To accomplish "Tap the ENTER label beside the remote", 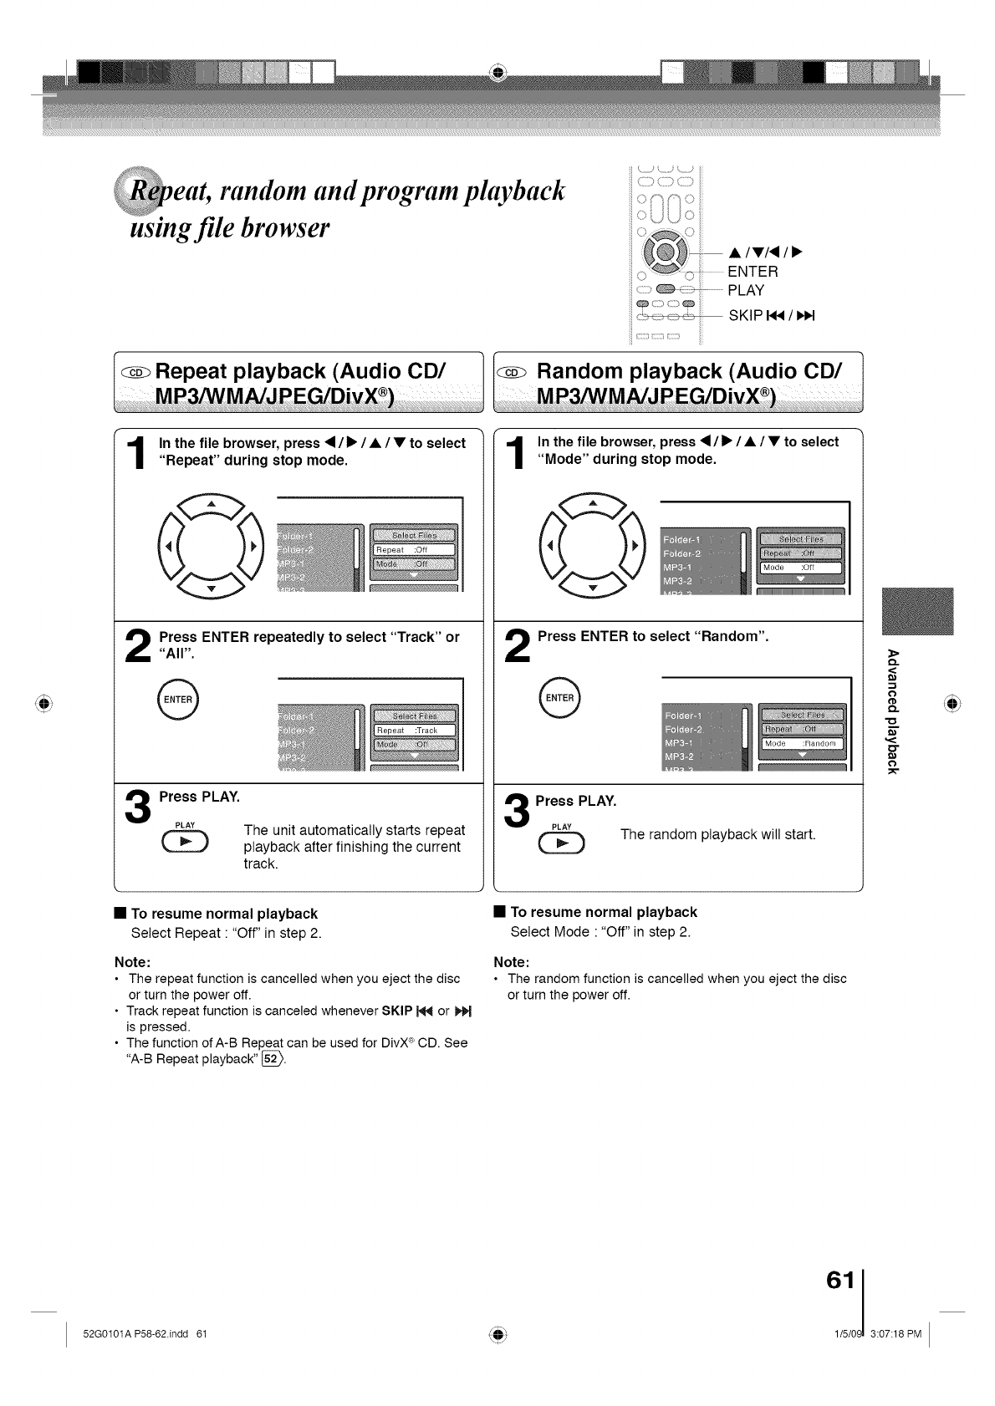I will pyautogui.click(x=753, y=272).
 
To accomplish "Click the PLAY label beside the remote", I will pyautogui.click(x=746, y=291).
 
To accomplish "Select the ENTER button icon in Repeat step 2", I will pyautogui.click(x=177, y=700).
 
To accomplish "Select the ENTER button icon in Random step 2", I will pyautogui.click(x=559, y=699).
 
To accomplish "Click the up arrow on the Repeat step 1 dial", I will pyautogui.click(x=212, y=504).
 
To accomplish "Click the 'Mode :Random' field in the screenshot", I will pyautogui.click(x=802, y=743).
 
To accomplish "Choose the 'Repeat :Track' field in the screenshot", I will pyautogui.click(x=413, y=731).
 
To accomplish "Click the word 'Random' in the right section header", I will pyautogui.click(x=628, y=371).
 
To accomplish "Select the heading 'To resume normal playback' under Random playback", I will pyautogui.click(x=603, y=912).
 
